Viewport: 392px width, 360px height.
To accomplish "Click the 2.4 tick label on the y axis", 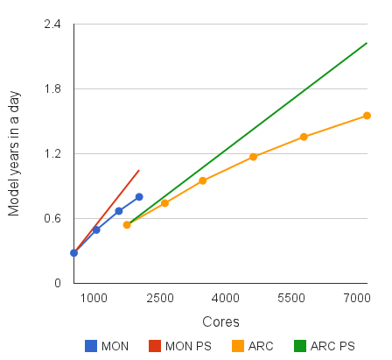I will point(52,25).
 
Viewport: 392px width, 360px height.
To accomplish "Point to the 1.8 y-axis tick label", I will point(52,89).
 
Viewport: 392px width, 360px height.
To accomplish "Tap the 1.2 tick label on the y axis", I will point(52,154).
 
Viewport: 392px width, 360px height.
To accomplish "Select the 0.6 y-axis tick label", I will point(52,219).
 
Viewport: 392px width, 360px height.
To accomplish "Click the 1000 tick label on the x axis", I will point(94,299).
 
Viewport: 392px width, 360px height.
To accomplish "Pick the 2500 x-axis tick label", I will point(160,299).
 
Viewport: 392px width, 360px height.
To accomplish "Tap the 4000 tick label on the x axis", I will point(226,299).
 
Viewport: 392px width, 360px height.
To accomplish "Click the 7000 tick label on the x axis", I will point(356,299).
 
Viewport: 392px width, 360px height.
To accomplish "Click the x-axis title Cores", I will point(220,322).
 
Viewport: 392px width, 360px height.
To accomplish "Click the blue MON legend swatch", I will point(90,346).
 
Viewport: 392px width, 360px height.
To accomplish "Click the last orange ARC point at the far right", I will point(367,116).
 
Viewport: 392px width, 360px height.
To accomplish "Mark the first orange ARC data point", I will point(127,225).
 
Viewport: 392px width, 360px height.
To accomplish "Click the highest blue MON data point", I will point(139,197).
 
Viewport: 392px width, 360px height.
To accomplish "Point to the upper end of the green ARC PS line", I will point(367,42).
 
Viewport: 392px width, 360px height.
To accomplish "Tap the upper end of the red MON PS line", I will point(139,170).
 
